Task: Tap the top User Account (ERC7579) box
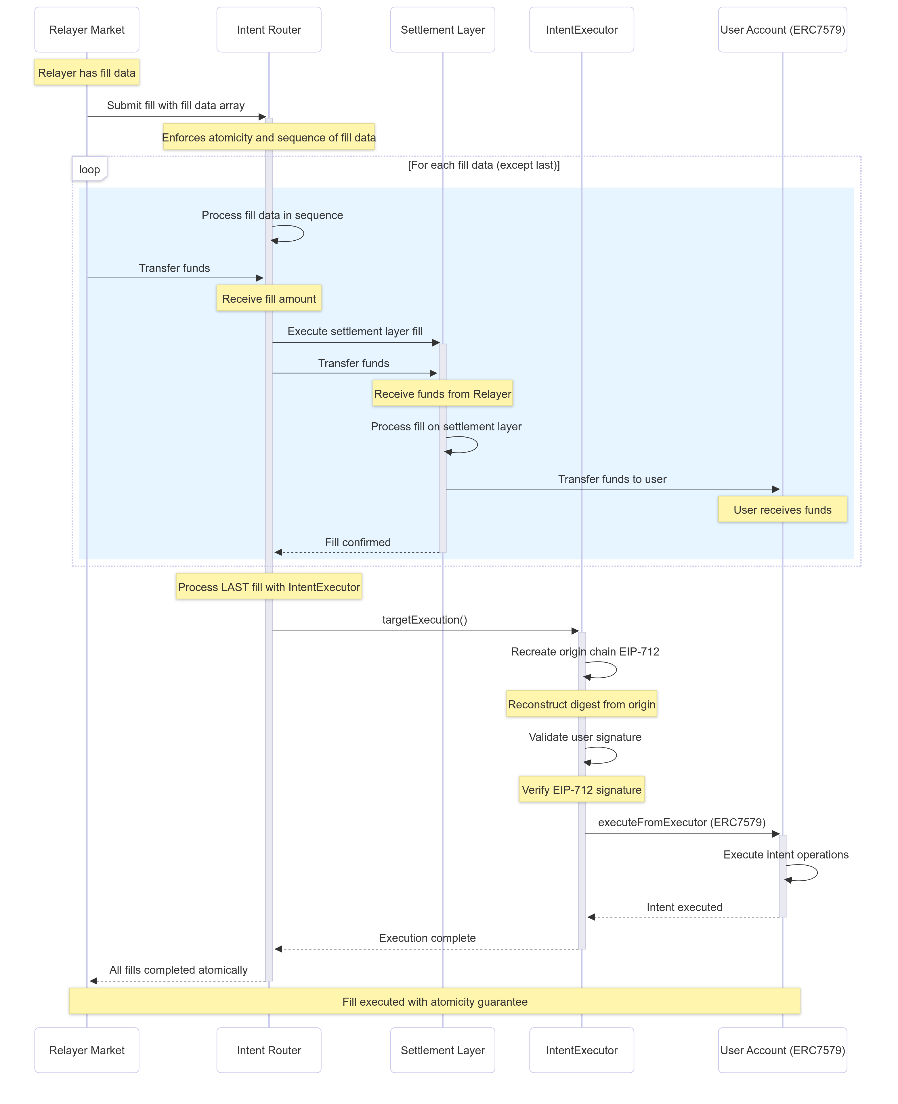click(782, 30)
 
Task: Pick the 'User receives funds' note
click(782, 509)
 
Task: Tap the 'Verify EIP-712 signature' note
click(581, 789)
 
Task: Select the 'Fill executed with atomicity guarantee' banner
click(435, 1002)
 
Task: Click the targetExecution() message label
click(424, 620)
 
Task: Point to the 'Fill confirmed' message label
click(358, 542)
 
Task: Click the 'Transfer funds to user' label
click(612, 479)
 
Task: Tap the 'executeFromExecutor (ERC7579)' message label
click(681, 822)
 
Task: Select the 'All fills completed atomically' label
click(178, 969)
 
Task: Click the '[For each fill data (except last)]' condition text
click(484, 165)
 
